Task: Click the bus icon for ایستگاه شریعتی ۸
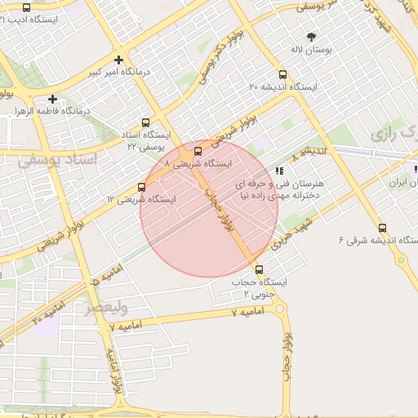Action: click(x=198, y=150)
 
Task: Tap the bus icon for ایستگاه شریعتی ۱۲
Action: click(x=141, y=187)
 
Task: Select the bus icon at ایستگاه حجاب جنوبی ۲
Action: click(x=260, y=269)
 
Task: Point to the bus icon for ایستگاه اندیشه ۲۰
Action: click(x=282, y=75)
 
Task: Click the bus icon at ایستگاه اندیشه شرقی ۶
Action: click(x=381, y=228)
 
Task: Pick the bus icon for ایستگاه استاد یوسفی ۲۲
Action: click(x=145, y=123)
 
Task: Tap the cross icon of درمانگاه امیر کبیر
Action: click(x=120, y=60)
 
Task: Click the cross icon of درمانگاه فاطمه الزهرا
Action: click(x=52, y=99)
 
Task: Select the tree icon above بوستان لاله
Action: click(x=311, y=37)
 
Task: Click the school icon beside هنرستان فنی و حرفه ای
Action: click(x=280, y=171)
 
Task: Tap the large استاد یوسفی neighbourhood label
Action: click(x=57, y=160)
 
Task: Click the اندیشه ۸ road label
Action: click(x=313, y=152)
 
